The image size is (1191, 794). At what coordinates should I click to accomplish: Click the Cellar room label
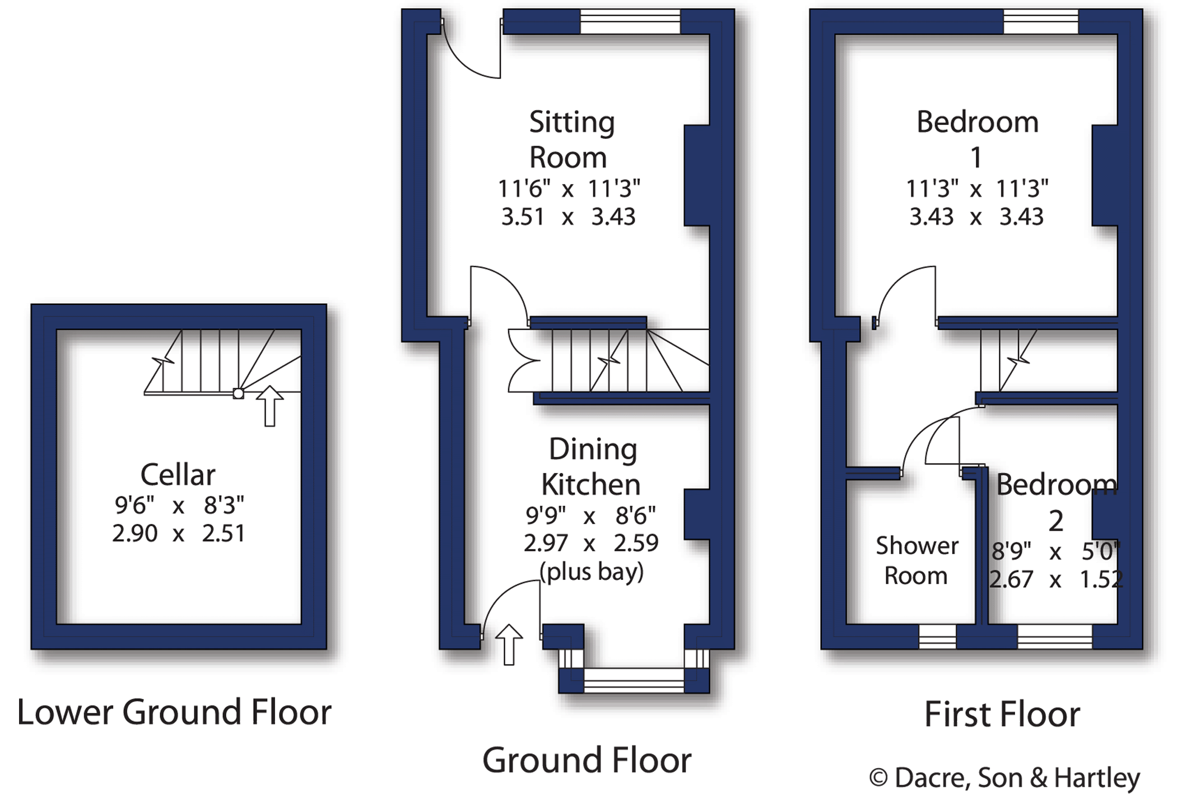click(178, 475)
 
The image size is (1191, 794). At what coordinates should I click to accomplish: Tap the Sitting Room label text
click(570, 140)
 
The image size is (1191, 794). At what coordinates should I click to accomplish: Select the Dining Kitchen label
click(592, 467)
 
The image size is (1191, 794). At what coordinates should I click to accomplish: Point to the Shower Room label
click(916, 561)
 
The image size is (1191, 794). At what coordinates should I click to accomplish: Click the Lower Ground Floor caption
click(174, 712)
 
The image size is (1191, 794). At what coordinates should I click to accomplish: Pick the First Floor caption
click(1002, 714)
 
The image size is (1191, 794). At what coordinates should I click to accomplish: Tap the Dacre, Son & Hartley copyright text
click(1004, 777)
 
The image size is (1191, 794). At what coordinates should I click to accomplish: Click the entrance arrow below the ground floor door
click(509, 644)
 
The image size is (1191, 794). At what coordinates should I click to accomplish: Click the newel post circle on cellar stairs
click(238, 394)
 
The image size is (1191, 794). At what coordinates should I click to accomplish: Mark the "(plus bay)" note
click(592, 572)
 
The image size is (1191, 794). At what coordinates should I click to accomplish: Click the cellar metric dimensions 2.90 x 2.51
click(178, 533)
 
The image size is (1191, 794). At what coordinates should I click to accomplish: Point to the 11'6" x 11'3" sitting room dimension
click(569, 189)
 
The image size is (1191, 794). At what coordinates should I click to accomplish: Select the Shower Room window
click(937, 637)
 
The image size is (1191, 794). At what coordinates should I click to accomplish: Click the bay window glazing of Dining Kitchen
click(634, 680)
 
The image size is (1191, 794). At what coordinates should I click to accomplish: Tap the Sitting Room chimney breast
click(696, 175)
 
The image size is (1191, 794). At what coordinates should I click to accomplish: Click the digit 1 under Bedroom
click(976, 157)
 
